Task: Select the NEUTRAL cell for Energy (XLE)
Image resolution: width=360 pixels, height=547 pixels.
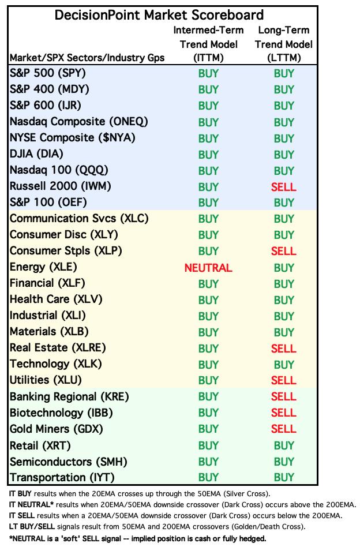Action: [x=208, y=268]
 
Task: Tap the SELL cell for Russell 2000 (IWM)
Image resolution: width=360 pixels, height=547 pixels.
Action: [x=283, y=187]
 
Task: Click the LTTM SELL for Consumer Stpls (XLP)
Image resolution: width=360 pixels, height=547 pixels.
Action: [x=283, y=252]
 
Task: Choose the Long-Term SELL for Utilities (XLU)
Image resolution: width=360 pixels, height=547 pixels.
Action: [x=283, y=381]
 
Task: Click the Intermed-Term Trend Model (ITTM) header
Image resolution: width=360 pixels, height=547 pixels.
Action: [x=208, y=44]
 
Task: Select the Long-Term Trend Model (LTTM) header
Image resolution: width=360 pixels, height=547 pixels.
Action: [x=283, y=44]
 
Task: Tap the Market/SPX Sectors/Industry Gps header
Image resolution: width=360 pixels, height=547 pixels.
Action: [x=87, y=58]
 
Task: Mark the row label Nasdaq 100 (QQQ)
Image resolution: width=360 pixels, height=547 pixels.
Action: [x=59, y=171]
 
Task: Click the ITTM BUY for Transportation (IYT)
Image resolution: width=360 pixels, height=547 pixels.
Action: [x=208, y=478]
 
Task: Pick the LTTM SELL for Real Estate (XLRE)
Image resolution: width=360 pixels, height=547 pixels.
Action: [x=283, y=349]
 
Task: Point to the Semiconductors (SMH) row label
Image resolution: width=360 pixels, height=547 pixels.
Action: [x=68, y=462]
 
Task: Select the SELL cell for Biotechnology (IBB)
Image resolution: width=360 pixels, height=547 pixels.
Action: [x=283, y=413]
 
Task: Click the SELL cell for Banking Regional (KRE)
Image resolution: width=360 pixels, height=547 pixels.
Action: [x=283, y=397]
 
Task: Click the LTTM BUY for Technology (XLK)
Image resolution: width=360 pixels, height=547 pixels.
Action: [x=283, y=365]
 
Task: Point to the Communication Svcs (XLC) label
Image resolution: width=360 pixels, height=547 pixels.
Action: [x=79, y=219]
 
